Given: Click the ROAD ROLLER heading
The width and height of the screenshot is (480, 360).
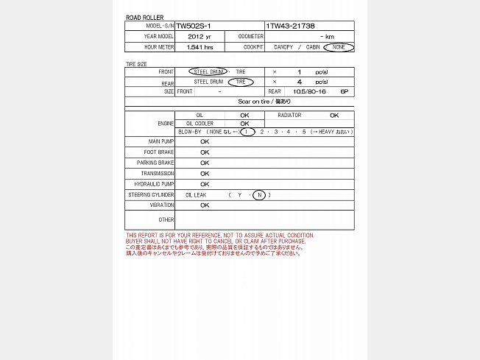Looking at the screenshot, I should [144, 17].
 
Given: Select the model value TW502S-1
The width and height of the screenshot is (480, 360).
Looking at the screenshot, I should [193, 26].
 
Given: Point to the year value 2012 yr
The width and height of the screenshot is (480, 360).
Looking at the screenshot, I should [200, 36].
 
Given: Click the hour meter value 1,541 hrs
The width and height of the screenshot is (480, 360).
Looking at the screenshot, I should [200, 47].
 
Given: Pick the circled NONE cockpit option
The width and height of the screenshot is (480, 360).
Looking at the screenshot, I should [339, 47].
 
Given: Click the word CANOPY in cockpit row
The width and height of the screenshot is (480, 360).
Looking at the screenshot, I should [283, 47].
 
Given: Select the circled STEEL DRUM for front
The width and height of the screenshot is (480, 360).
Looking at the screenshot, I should [208, 72].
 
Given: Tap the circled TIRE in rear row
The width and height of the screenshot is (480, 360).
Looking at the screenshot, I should [240, 82].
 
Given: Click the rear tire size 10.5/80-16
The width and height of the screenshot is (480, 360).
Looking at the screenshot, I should [308, 92].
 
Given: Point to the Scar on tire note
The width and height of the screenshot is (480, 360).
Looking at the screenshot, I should [264, 102].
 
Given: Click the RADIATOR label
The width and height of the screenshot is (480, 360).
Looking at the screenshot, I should [289, 116].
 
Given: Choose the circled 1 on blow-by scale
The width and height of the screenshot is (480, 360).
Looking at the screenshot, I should [249, 132].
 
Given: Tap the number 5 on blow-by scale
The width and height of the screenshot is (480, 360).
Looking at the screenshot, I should [304, 132].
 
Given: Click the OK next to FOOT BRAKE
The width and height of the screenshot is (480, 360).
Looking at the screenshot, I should [205, 152].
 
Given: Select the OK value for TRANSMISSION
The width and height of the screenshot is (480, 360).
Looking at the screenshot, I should [205, 174].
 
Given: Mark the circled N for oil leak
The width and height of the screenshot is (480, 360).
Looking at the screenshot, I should [259, 195].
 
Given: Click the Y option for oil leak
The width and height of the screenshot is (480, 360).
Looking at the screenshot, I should [239, 195].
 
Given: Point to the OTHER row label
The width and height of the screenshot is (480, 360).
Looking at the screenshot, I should [166, 219].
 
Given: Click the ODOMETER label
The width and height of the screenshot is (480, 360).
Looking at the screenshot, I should [250, 36].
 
